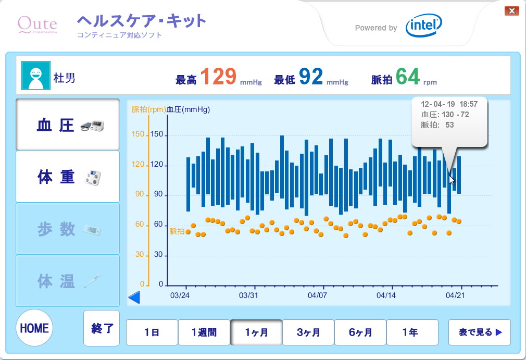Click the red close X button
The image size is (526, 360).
[512, 10]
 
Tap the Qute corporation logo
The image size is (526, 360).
[37, 24]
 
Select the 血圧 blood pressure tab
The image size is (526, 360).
[68, 125]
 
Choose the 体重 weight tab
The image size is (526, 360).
[68, 177]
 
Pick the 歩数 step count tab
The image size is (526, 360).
[68, 229]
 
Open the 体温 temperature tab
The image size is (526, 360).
[68, 281]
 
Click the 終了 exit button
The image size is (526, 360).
[102, 328]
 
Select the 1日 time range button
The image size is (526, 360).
[152, 332]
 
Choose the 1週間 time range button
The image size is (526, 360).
[204, 332]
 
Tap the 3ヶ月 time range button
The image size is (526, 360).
[308, 332]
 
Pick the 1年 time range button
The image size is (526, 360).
[412, 332]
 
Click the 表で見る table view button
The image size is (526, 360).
[480, 332]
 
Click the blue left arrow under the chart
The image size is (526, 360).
[134, 297]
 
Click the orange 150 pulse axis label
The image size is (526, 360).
[138, 134]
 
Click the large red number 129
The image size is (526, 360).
[218, 77]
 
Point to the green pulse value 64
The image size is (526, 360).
[407, 77]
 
